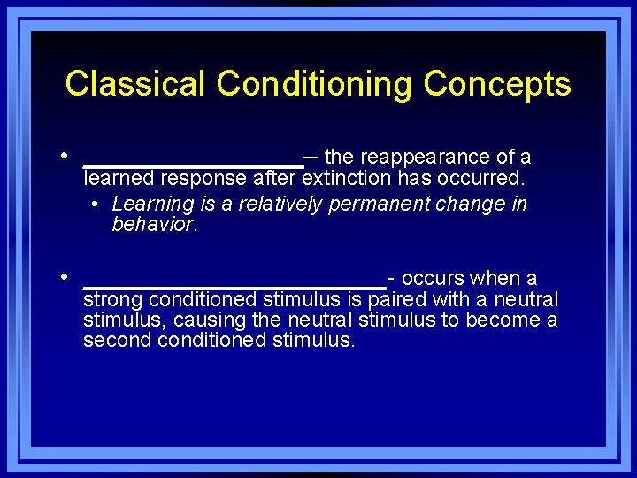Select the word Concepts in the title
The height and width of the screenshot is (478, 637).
[497, 84]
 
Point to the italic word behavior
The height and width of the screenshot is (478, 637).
[154, 225]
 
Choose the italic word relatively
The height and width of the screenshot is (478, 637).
[281, 204]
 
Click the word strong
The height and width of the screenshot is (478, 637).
[110, 300]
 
